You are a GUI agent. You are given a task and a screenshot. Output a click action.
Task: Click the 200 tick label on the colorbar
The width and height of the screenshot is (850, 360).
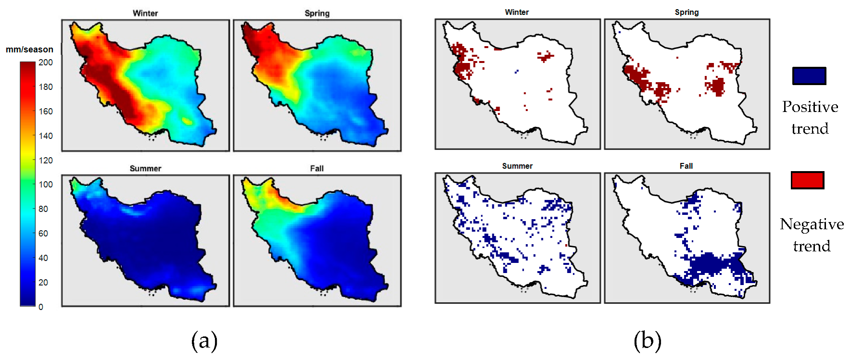tap(46, 62)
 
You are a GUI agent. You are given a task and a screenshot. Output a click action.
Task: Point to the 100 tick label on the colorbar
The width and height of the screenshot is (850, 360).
tap(46, 185)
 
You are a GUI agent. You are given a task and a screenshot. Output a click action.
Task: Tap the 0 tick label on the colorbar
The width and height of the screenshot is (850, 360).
tap(41, 307)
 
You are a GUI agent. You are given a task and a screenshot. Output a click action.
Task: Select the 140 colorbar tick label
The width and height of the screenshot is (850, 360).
tap(46, 136)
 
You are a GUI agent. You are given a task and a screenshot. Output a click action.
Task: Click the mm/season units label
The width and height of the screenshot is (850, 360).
tap(29, 50)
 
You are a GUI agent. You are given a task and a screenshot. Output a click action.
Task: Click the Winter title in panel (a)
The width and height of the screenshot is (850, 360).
tap(145, 13)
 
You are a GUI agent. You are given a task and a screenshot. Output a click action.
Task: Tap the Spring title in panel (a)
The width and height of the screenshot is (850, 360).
tap(317, 13)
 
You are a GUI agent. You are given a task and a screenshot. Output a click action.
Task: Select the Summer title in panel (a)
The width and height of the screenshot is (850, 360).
tap(145, 169)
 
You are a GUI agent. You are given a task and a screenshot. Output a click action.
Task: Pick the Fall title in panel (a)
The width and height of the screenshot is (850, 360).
tap(317, 169)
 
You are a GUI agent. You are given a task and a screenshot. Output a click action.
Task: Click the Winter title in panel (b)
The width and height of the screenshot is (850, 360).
tap(517, 12)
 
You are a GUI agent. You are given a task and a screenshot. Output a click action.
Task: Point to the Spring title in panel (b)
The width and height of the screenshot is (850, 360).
tap(687, 12)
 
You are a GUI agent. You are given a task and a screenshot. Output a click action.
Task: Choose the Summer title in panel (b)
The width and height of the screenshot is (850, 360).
tap(517, 166)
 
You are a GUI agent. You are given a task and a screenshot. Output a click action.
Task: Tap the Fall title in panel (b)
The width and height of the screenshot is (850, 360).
tap(686, 166)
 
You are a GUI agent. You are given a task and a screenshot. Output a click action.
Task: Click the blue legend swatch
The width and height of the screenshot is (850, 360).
tap(809, 76)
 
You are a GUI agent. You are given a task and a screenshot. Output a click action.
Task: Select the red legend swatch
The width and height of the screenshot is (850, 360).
tap(808, 180)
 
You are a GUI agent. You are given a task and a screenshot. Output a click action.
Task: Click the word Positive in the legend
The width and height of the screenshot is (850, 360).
tap(810, 107)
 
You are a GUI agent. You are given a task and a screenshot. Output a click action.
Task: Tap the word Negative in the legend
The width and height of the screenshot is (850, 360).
tap(812, 224)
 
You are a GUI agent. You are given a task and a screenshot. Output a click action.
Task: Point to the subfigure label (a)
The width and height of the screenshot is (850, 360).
tap(204, 341)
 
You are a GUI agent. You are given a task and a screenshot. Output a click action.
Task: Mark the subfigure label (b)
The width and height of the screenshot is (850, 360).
tap(648, 341)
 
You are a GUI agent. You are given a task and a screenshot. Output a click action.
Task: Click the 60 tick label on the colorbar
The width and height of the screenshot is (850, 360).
tap(43, 234)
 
